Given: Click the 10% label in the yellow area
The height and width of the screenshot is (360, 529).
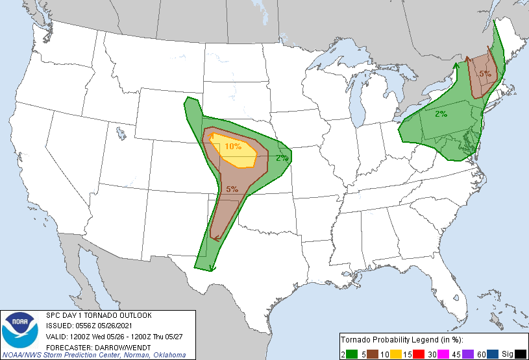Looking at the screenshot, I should tap(233, 146).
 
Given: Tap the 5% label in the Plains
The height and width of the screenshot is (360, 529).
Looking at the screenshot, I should tap(232, 189).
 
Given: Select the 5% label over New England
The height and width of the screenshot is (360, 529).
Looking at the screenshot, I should tap(485, 73).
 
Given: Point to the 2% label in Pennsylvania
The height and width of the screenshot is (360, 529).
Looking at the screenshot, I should tap(441, 114).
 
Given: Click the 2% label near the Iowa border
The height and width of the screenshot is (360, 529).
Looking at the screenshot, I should tap(282, 158).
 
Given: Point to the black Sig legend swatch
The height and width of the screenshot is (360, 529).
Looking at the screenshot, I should tap(521, 354).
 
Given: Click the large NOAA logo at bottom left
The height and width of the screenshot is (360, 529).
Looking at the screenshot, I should tap(22, 330).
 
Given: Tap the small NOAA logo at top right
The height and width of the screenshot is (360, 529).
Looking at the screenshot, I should tap(520, 9).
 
